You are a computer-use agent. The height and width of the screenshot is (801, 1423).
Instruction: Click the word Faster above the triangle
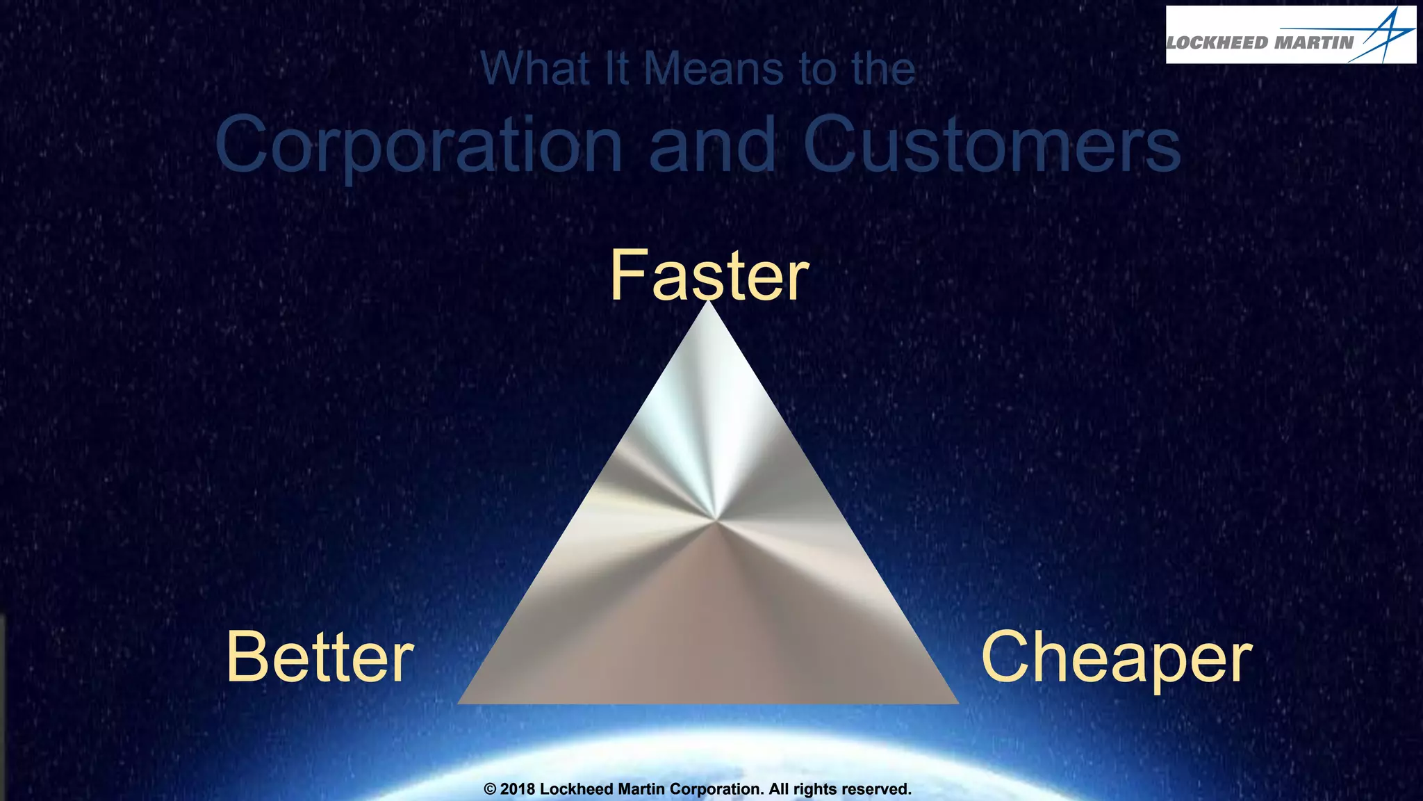point(709,276)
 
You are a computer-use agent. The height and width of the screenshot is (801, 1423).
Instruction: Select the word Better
point(320,657)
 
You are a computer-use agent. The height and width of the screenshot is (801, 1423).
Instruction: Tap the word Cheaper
point(1117,657)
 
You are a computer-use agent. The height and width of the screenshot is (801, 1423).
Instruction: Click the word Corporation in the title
point(418,145)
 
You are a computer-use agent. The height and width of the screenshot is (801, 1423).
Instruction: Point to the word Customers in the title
point(992,145)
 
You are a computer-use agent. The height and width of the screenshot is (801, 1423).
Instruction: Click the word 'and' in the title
point(712,145)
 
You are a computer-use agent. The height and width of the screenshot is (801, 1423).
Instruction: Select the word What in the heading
point(535,69)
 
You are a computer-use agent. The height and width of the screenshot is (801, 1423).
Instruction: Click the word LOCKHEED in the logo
point(1218,43)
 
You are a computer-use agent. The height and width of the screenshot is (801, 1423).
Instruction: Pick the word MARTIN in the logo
point(1315,43)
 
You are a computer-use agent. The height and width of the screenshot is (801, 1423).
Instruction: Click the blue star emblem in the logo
point(1384,35)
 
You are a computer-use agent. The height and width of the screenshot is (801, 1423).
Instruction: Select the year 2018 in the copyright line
point(518,789)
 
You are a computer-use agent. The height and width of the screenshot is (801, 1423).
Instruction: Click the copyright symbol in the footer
point(490,789)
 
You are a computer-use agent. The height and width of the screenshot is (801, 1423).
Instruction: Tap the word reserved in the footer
point(875,789)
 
